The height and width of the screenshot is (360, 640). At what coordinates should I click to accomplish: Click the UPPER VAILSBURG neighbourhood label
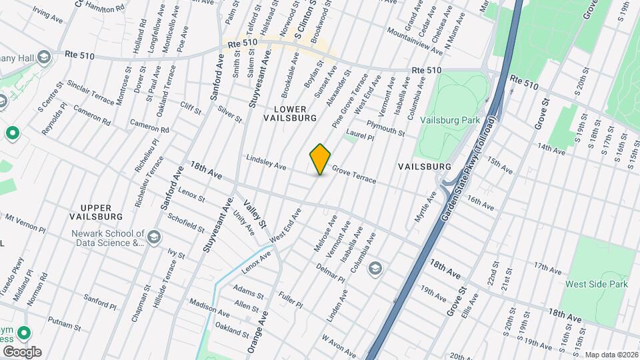97,212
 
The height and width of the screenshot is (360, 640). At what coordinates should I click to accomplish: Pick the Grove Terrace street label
354,176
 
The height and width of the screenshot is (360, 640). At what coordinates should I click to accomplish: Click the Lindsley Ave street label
266,162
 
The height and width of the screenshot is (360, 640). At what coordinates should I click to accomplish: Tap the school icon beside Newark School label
154,237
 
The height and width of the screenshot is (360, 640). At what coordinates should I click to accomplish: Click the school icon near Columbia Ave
375,268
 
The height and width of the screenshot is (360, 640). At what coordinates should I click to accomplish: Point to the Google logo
22,351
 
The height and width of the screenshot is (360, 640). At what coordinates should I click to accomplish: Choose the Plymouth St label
385,128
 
